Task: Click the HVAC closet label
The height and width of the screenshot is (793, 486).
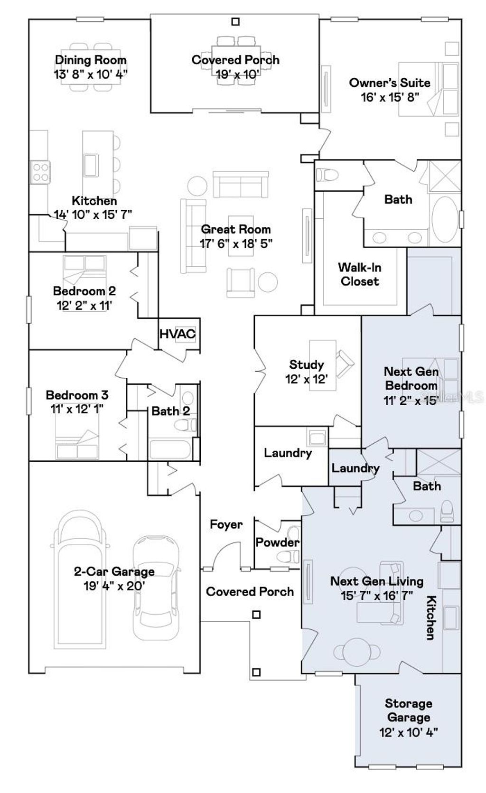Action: tap(177, 334)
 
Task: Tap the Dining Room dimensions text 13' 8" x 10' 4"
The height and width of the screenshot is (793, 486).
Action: tap(91, 74)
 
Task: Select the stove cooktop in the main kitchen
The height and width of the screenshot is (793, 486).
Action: tap(40, 172)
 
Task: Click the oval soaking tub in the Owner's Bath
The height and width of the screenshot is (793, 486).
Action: tap(446, 219)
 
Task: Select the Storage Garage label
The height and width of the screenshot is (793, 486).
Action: tap(408, 710)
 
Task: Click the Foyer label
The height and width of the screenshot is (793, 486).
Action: tap(226, 524)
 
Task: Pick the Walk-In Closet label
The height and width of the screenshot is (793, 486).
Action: tap(359, 274)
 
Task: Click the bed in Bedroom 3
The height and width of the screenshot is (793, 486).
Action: tap(77, 444)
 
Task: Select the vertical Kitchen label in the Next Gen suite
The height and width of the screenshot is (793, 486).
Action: tap(430, 617)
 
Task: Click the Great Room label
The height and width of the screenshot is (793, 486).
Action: tap(235, 229)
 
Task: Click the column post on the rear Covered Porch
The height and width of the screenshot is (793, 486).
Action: tap(235, 22)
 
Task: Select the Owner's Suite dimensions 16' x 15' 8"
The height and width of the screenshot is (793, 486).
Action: tap(390, 97)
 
